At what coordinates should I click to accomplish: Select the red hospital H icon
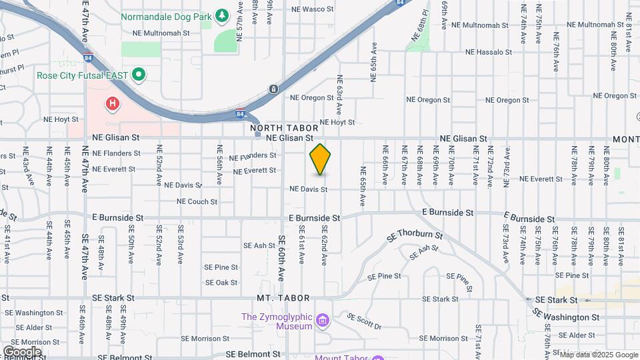tap(113, 104)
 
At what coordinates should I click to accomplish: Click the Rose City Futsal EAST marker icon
tap(139, 75)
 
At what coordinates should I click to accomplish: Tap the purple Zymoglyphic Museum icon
tap(323, 321)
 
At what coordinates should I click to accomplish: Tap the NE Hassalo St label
tap(489, 51)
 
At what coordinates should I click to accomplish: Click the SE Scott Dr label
tap(364, 322)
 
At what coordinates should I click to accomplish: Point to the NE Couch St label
tap(197, 201)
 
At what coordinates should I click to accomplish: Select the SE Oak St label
tap(221, 283)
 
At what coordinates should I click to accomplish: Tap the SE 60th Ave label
tap(282, 257)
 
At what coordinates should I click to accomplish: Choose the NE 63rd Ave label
tap(339, 95)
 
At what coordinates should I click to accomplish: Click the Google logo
tap(22, 352)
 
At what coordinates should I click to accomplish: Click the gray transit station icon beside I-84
tap(273, 89)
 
